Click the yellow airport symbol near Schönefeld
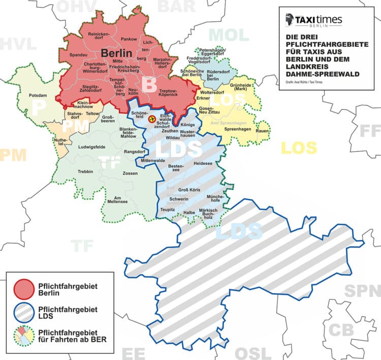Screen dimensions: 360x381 pyautogui.click(x=151, y=118)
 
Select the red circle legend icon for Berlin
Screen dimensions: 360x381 pyautogui.click(x=23, y=288)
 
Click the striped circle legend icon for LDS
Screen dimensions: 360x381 pyautogui.click(x=23, y=312)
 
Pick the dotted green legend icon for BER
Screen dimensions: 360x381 pyautogui.click(x=23, y=336)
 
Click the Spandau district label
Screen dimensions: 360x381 pyautogui.click(x=78, y=54)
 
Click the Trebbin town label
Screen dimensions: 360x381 pyautogui.click(x=85, y=172)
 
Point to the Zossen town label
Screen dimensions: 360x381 pyautogui.click(x=131, y=173)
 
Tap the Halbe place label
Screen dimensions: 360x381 pyautogui.click(x=189, y=212)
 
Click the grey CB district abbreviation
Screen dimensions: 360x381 pyautogui.click(x=341, y=329)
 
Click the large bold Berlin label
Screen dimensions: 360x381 pyautogui.click(x=116, y=53)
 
